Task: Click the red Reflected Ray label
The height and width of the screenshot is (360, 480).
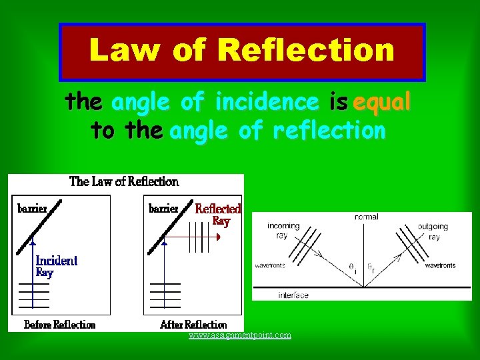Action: point(218,215)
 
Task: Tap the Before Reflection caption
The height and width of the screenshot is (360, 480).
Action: point(59,325)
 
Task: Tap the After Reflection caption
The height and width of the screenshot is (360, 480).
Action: point(193,325)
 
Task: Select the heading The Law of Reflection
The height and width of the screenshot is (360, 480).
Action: point(124,181)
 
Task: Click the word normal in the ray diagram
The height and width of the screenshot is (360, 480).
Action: point(367,217)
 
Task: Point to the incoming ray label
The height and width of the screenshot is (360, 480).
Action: point(283,231)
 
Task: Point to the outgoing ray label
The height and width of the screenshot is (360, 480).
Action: point(434,231)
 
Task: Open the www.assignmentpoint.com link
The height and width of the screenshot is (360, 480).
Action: point(240,335)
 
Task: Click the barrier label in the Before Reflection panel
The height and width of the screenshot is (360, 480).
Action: point(32,208)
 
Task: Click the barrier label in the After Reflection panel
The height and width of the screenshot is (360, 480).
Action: point(163,208)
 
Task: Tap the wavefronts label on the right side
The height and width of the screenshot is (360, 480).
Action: point(441,265)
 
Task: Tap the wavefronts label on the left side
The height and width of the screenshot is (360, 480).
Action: point(271,265)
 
